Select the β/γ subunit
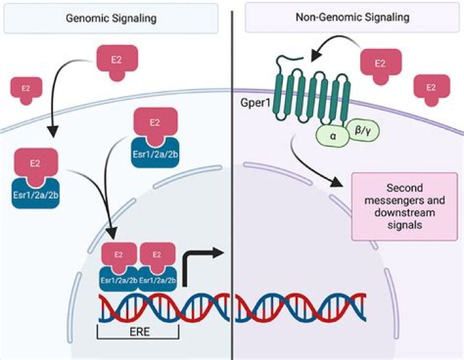363,131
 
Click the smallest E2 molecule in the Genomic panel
26,88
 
